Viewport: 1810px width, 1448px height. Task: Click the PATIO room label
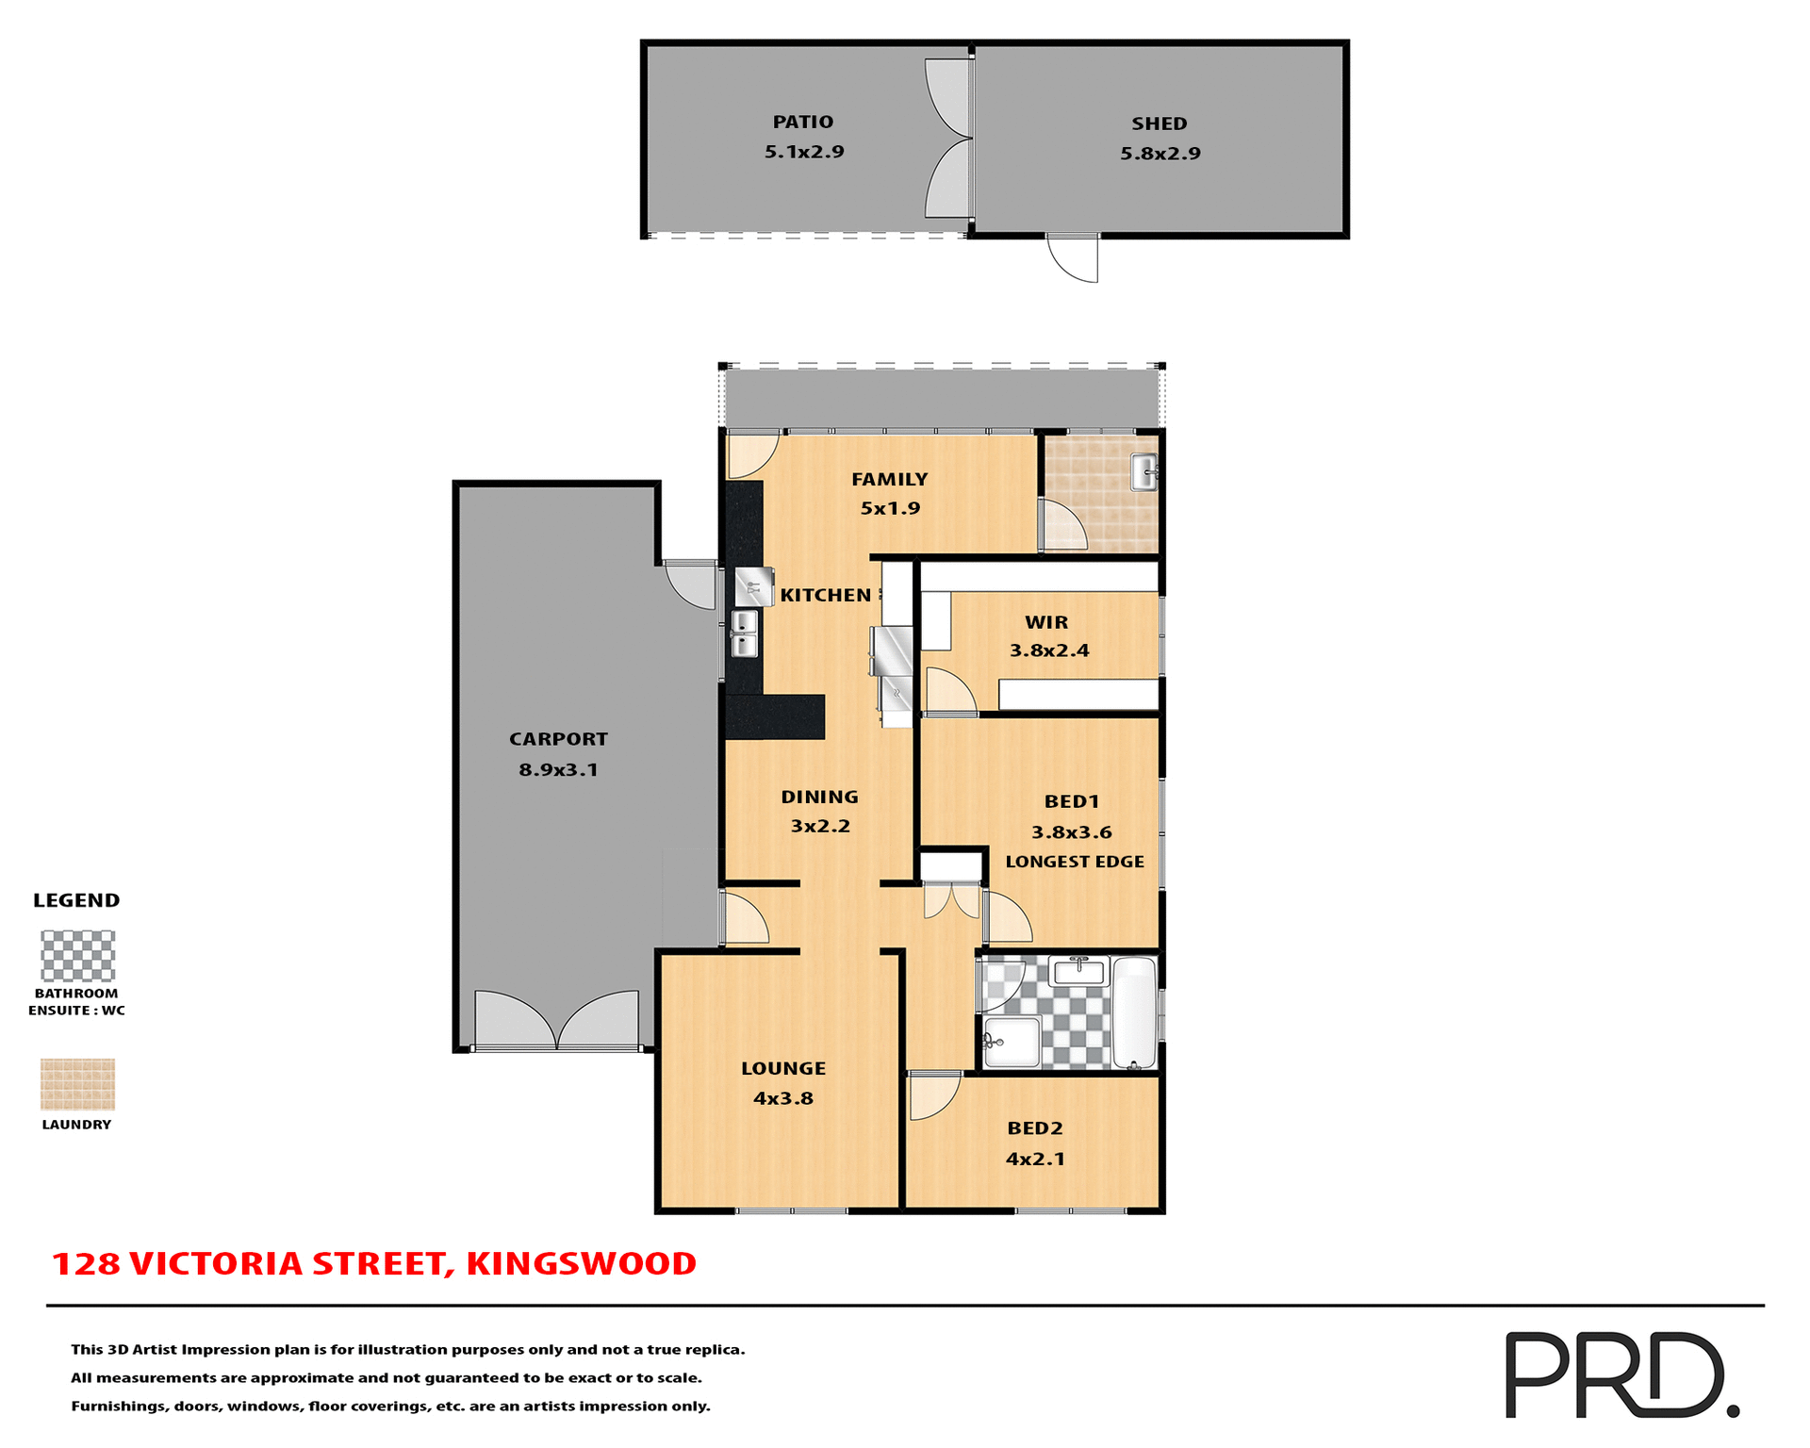point(802,122)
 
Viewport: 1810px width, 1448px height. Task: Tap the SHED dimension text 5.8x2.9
point(1160,154)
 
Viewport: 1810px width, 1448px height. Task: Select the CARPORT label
point(558,739)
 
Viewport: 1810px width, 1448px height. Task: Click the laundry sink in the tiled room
point(1144,471)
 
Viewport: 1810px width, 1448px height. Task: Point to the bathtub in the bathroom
point(1134,1012)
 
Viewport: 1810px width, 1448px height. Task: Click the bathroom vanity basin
point(1078,970)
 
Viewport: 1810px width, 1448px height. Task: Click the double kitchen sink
point(744,633)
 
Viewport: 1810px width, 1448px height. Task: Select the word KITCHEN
point(825,595)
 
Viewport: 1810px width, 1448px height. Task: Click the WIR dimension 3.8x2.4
point(1048,650)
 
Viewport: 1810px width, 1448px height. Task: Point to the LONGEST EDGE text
point(1074,862)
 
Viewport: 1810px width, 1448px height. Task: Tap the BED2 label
point(1034,1128)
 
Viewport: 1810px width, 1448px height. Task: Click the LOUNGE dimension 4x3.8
point(782,1098)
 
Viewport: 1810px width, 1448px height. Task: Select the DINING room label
point(819,797)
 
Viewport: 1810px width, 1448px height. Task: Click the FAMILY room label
point(889,479)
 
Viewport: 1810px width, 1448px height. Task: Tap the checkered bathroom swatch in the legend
point(77,956)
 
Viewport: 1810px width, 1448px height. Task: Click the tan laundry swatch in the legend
point(77,1084)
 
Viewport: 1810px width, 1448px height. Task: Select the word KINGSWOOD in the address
point(581,1264)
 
